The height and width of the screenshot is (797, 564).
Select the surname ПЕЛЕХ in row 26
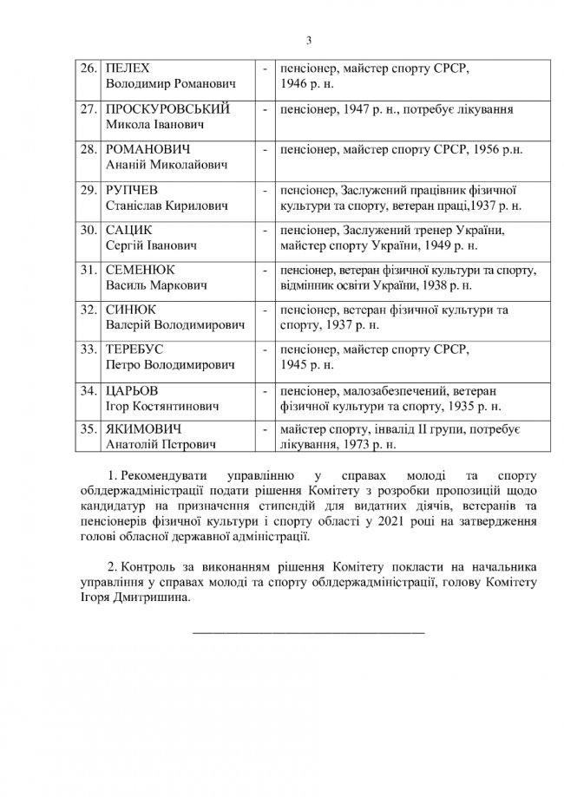(128, 67)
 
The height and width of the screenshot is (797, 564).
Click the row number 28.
(88, 149)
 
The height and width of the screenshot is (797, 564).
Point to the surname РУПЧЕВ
(132, 189)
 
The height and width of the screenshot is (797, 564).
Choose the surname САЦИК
(128, 230)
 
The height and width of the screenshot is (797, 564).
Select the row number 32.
(88, 308)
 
